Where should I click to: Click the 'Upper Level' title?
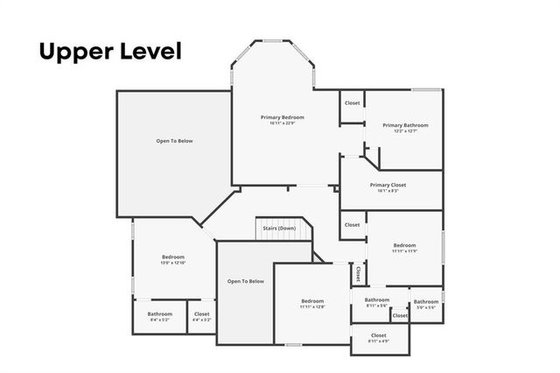[x=109, y=52]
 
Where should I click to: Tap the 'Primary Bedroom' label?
[x=283, y=117]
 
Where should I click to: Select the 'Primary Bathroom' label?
[x=404, y=125]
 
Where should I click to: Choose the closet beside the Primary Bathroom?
[x=352, y=103]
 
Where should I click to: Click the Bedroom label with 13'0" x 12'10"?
[x=173, y=257]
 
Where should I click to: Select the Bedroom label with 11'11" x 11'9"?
[x=404, y=245]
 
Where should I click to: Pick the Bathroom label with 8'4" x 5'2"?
[x=160, y=313]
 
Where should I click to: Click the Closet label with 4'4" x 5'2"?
[x=202, y=313]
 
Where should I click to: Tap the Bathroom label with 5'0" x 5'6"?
[x=426, y=302]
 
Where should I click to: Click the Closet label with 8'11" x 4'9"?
[x=379, y=335]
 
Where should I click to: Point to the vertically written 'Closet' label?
[x=358, y=273]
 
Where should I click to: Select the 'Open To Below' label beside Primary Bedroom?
[x=174, y=141]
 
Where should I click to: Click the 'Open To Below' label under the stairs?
[x=245, y=281]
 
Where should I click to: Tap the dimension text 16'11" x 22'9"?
[x=283, y=123]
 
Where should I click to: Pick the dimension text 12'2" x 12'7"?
[x=404, y=131]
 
